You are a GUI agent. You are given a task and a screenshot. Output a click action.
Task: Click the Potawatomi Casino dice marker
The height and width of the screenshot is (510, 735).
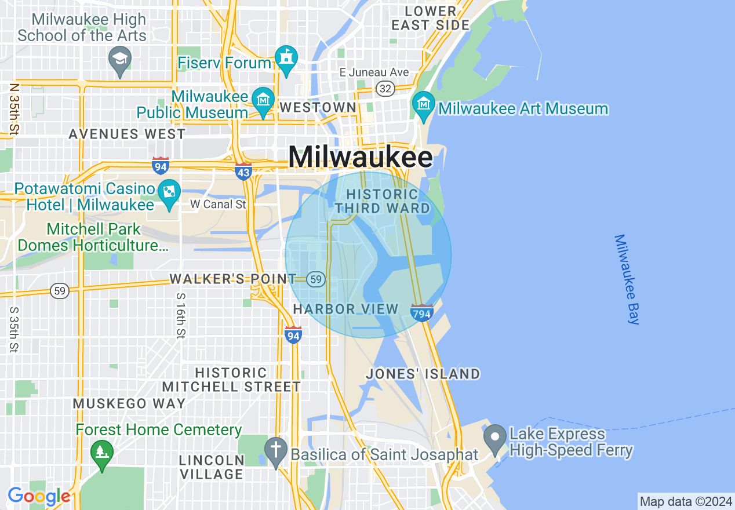[169, 193]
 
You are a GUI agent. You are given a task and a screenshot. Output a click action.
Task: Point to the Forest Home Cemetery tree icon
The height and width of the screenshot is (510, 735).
[102, 451]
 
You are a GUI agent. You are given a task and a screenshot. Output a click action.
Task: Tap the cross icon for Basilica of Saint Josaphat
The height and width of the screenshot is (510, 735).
[276, 450]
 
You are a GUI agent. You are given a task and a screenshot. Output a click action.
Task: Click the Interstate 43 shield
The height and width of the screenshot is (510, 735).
[243, 172]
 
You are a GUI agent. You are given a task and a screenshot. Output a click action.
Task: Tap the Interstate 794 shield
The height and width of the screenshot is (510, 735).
[421, 313]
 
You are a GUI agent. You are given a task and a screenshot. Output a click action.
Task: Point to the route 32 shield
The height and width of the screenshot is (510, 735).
[385, 89]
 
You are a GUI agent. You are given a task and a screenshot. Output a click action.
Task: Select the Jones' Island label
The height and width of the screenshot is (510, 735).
[423, 374]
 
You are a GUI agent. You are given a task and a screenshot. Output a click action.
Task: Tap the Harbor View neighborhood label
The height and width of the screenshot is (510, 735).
[345, 309]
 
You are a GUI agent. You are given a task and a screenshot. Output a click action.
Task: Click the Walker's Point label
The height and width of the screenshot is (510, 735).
[233, 279]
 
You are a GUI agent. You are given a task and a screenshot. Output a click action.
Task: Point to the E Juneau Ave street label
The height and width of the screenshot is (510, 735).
[374, 72]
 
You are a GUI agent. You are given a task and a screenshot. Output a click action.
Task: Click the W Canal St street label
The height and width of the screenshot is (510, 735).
[218, 204]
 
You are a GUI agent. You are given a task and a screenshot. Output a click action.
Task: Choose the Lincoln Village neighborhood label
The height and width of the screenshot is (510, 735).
[211, 467]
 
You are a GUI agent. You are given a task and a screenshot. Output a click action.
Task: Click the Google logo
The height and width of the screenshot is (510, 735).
[39, 497]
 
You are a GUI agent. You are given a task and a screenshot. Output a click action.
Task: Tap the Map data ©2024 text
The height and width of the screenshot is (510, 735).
[686, 501]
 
